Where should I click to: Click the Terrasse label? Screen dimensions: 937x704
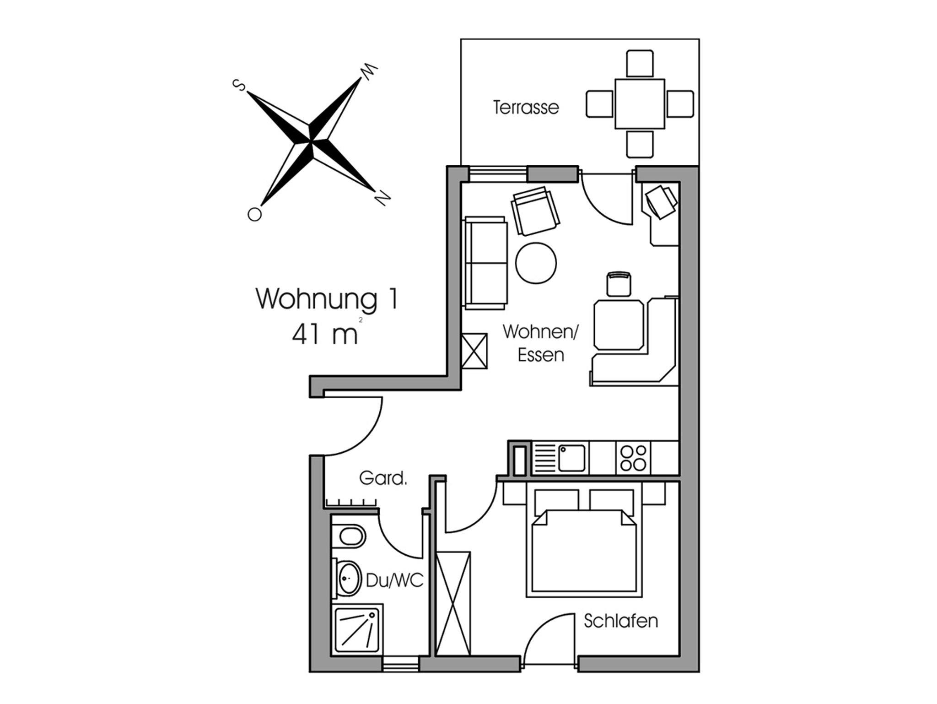526,107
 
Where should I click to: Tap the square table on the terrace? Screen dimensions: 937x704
640,104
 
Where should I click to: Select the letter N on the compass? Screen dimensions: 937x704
382,197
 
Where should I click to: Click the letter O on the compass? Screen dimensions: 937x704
254,214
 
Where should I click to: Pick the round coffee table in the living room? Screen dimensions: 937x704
536,263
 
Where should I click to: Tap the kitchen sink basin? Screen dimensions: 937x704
571,458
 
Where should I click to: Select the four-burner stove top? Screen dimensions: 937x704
633,458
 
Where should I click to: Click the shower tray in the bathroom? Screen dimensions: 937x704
357,630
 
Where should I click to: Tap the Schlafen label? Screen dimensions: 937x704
621,621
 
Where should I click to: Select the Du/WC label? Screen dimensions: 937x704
394,581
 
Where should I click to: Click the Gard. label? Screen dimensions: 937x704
383,478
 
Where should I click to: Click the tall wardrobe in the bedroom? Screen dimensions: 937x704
453,603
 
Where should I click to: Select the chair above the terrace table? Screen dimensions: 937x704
640,64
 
